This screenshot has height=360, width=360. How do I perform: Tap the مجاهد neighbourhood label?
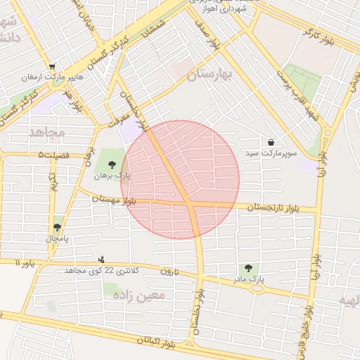(x=47, y=131)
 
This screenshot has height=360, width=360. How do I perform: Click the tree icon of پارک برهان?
(x=112, y=165)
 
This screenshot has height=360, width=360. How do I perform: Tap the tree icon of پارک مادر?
(x=248, y=268)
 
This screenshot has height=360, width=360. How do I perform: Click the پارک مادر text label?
(x=248, y=279)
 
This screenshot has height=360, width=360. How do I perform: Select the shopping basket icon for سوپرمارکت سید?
(x=271, y=142)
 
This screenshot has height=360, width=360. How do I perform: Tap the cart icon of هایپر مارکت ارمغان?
(x=52, y=67)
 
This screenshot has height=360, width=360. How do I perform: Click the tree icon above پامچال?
(x=57, y=227)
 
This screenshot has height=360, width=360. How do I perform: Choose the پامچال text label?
(x=57, y=238)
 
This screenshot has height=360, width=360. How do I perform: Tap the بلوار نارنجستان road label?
(x=274, y=207)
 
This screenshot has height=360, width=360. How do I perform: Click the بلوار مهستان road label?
(x=113, y=200)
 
